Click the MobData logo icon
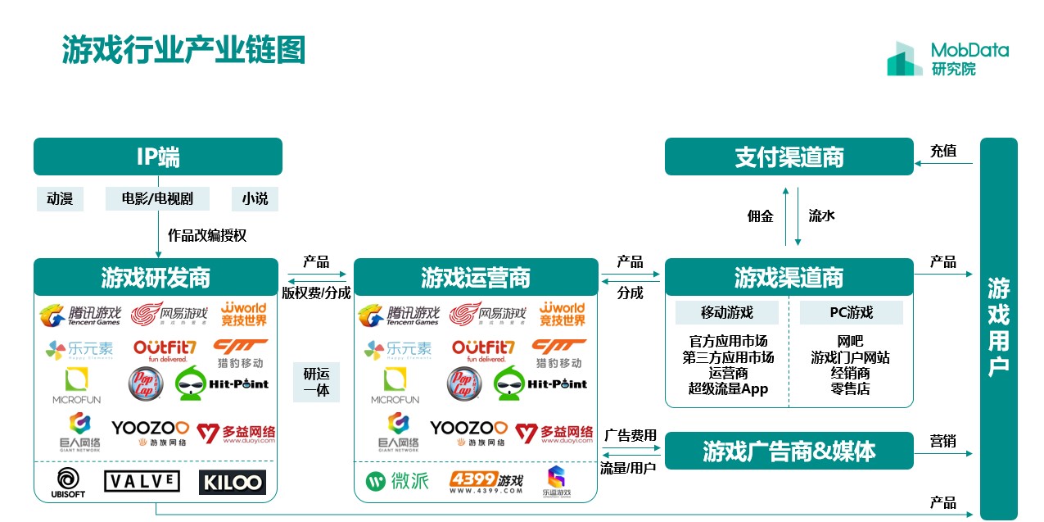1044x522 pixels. (x=904, y=59)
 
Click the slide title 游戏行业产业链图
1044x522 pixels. (x=183, y=50)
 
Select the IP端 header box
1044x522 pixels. (x=157, y=157)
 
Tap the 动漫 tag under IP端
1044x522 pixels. (x=60, y=198)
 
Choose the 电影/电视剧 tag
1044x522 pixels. (x=156, y=198)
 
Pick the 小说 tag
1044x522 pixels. (x=255, y=198)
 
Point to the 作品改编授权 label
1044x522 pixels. (x=207, y=235)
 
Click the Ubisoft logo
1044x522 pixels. (x=70, y=482)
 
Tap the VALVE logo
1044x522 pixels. (x=142, y=481)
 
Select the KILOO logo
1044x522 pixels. (x=232, y=482)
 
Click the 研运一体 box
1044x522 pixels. (x=316, y=382)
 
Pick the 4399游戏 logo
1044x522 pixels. (x=486, y=482)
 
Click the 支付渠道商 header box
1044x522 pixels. (x=789, y=157)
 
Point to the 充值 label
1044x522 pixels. (x=943, y=151)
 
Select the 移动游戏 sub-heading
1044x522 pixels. (x=726, y=312)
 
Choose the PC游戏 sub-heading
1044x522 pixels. (x=851, y=312)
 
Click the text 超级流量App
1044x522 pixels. (x=728, y=388)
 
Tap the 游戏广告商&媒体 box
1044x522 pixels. (x=789, y=451)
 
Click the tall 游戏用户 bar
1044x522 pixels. (x=998, y=328)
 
